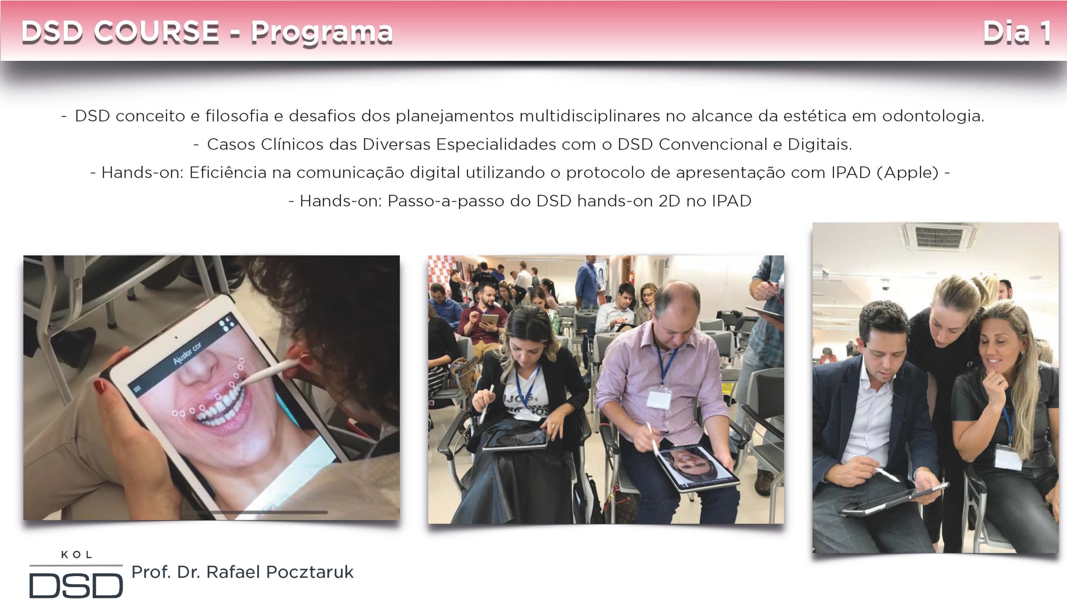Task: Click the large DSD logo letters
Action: pos(76,585)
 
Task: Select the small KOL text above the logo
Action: pos(77,554)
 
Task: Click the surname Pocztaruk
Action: pos(310,572)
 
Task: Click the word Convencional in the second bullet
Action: pos(713,144)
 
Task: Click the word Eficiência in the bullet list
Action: pos(228,172)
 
